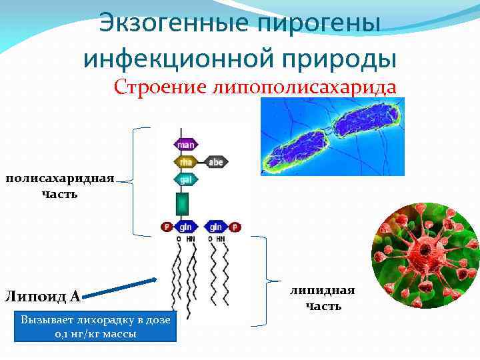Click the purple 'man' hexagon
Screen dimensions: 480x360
(186, 144)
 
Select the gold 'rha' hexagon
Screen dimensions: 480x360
(186, 161)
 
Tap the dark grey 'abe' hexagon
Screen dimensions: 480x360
(216, 161)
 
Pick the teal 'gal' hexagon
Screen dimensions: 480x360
(186, 179)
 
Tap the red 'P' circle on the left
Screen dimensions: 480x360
(167, 227)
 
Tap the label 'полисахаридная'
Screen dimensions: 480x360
(60, 179)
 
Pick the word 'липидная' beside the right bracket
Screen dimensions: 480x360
(323, 291)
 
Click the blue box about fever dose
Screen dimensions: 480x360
(95, 326)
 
